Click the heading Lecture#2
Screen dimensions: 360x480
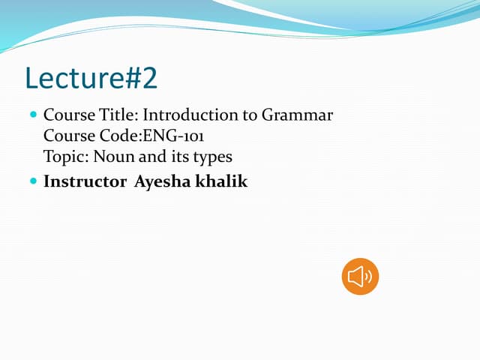(91, 76)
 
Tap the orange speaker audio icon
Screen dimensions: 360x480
(360, 277)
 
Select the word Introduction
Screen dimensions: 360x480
(185, 115)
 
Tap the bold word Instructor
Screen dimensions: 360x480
(85, 181)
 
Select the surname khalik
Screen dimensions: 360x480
(222, 181)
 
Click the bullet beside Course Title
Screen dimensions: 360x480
(32, 115)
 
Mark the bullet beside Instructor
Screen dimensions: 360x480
(32, 181)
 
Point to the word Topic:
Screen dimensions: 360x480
(66, 157)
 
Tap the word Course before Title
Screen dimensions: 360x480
(69, 115)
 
